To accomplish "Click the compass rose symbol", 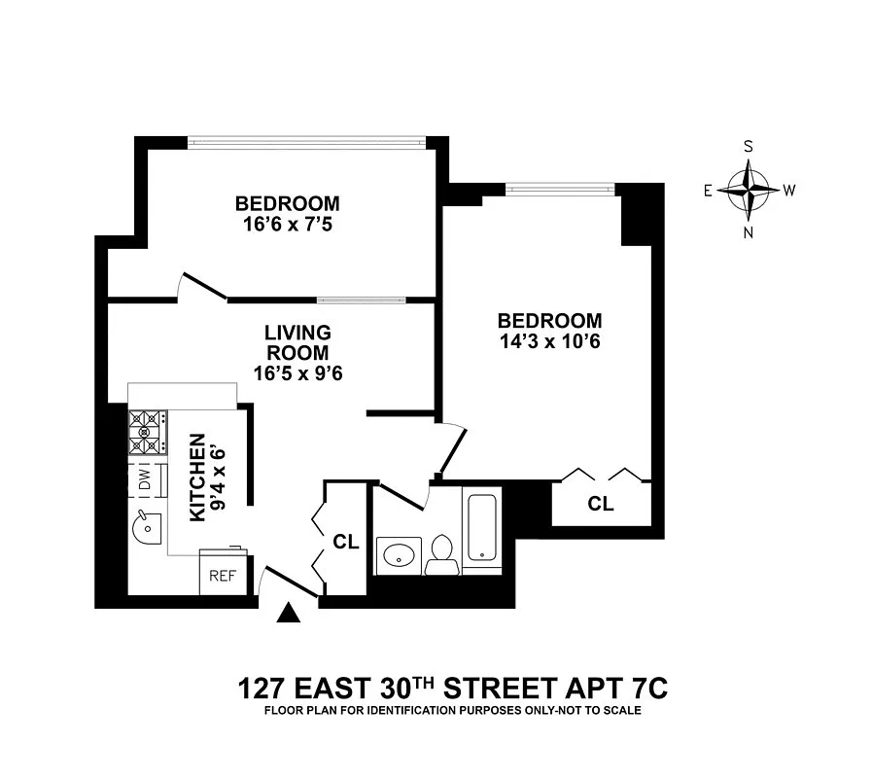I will tap(748, 189).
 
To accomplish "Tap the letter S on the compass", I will tap(748, 147).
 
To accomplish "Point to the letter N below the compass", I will tap(748, 232).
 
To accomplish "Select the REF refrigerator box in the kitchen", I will tap(223, 575).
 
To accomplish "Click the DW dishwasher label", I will tap(144, 479).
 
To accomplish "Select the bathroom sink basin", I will tap(400, 555).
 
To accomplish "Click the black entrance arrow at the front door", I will tap(289, 613).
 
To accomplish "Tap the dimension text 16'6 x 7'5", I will tap(288, 224).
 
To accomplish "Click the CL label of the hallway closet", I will tap(345, 542).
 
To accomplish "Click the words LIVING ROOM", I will tap(297, 342).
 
